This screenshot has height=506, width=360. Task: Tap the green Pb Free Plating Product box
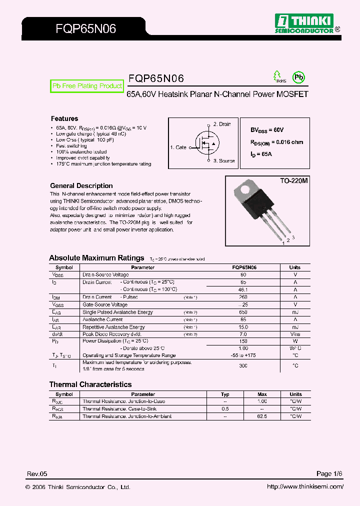[87, 86]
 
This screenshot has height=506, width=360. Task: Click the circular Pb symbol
[298, 77]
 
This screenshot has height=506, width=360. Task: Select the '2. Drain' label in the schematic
[222, 124]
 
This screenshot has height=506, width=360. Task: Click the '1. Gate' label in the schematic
[178, 147]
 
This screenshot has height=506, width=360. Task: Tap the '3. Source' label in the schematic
[223, 161]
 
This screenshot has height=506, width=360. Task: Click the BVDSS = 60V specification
[267, 130]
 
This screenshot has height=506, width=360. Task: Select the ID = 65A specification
[261, 154]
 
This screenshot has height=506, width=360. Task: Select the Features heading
[64, 118]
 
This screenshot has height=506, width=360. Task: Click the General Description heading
[81, 185]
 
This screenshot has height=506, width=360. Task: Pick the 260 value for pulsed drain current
[243, 297]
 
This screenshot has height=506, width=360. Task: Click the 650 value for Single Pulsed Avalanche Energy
[243, 312]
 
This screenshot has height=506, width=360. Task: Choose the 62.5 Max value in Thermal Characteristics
[262, 416]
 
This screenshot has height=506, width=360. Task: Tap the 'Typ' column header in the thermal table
[225, 394]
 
